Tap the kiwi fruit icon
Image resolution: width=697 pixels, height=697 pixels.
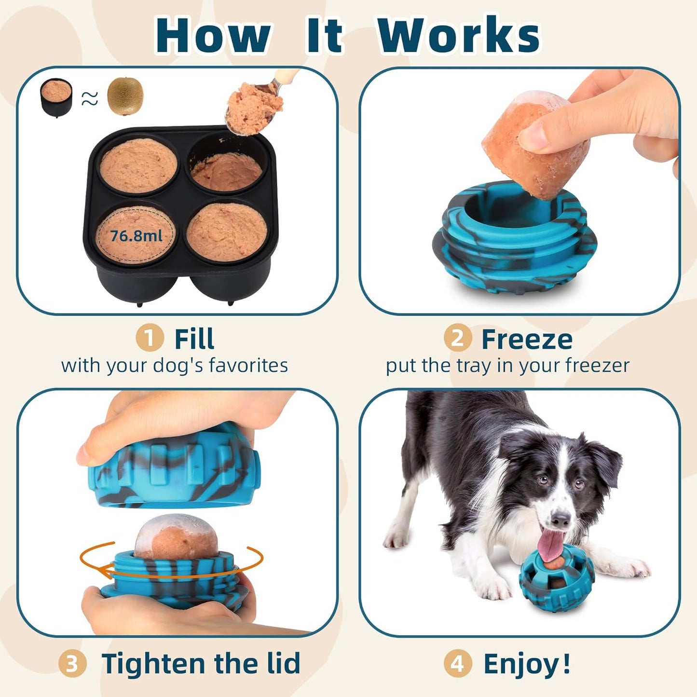click(x=125, y=96)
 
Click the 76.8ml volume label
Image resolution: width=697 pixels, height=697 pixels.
click(x=136, y=236)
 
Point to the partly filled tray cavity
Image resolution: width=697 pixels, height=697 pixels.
click(x=227, y=166)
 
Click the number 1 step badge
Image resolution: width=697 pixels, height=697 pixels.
click(x=149, y=338)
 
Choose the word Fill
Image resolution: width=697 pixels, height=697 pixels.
click(x=194, y=339)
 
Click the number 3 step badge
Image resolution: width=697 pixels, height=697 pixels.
click(x=72, y=664)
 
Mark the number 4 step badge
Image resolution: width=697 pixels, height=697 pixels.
click(x=457, y=664)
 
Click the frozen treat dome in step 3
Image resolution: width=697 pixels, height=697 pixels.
click(x=177, y=538)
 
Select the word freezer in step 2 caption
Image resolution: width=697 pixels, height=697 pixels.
click(x=598, y=366)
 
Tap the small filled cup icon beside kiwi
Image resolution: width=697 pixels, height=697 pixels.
click(x=56, y=96)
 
